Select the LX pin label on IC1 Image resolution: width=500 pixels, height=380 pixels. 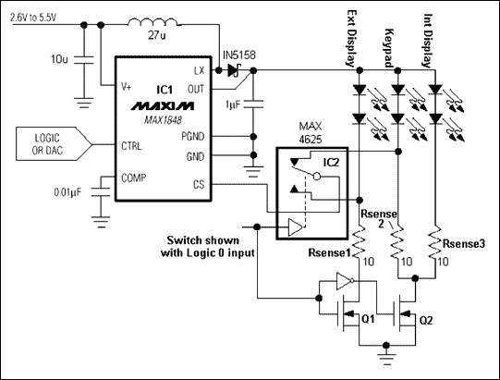pos(199,70)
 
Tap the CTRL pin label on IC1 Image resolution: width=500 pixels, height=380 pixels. pos(131,145)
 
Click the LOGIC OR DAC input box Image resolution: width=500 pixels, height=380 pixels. pos(54,145)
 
